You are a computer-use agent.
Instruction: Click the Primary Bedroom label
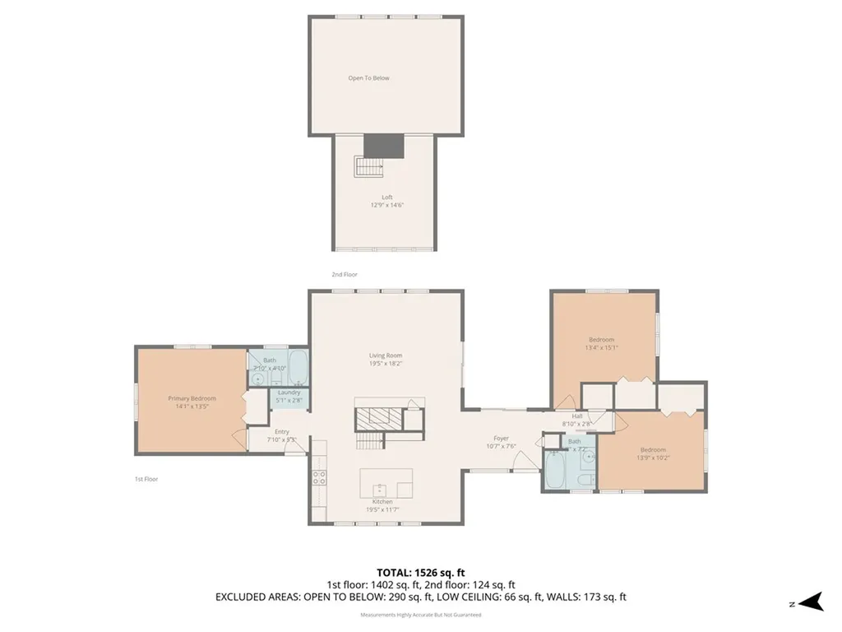(192, 398)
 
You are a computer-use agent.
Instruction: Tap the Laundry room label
(289, 393)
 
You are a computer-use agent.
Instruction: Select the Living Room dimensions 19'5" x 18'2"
(386, 363)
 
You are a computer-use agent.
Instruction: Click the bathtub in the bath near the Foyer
(553, 472)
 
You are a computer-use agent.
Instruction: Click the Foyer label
(501, 439)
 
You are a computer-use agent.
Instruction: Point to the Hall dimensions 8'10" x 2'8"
(576, 424)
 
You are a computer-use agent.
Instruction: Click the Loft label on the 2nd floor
(386, 197)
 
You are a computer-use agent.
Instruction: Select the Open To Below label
(368, 78)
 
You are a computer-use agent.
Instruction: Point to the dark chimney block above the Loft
(384, 144)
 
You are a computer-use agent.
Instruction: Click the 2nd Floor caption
(345, 274)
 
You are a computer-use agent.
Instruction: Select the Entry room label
(281, 432)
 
